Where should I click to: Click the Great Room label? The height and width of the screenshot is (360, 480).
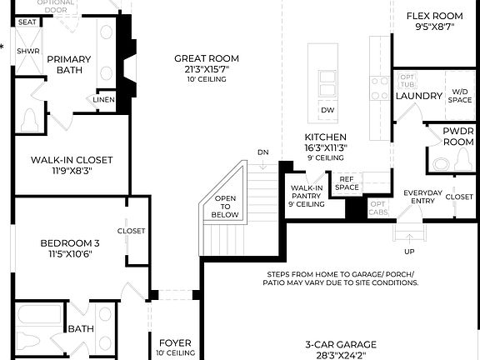click(206, 58)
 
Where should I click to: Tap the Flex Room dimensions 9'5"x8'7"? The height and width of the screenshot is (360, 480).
click(433, 27)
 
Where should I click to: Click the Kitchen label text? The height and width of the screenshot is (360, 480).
click(325, 137)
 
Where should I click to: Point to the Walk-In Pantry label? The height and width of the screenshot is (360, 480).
click(306, 195)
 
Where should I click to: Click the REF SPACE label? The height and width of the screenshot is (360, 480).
click(346, 182)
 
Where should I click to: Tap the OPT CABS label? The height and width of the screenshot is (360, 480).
click(377, 207)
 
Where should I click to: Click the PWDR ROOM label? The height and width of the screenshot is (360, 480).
click(458, 137)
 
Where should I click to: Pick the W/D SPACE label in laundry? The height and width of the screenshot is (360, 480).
click(459, 96)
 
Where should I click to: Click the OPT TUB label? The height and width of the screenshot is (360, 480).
click(407, 81)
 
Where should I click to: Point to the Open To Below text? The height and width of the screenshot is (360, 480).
click(225, 206)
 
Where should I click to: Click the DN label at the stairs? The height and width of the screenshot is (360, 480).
click(263, 152)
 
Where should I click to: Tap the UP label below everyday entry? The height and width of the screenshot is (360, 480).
click(408, 251)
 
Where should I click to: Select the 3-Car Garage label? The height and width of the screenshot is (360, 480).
click(339, 344)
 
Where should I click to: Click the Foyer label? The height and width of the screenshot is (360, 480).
click(174, 342)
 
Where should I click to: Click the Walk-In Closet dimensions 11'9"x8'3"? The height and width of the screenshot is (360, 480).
click(72, 172)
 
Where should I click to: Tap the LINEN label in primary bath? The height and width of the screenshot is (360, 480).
click(103, 100)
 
